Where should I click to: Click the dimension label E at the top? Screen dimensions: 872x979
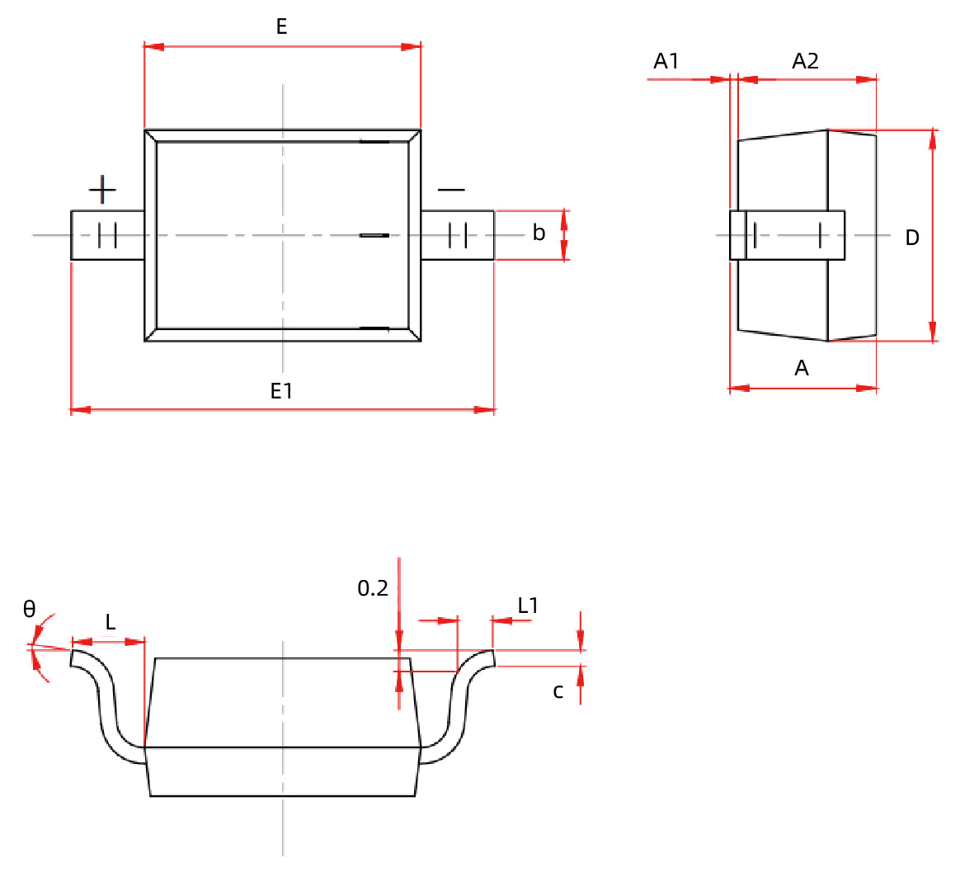[x=281, y=27]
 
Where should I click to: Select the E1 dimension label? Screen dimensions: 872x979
[x=281, y=391]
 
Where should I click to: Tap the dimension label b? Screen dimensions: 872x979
[x=539, y=233]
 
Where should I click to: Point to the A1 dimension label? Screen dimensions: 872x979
[x=666, y=61]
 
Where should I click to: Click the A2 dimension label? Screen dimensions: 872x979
[x=805, y=61]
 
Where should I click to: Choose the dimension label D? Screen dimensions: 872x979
[x=912, y=238]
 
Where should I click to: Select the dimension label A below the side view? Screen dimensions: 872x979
[x=802, y=368]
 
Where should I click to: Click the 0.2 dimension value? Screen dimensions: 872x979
[x=373, y=588]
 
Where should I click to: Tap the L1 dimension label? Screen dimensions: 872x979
[x=528, y=606]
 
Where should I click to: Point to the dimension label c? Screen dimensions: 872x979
[x=558, y=691]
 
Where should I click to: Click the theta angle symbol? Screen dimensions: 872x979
[x=30, y=609]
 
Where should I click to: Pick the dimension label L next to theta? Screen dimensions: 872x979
[x=111, y=622]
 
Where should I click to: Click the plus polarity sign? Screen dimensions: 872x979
[x=102, y=190]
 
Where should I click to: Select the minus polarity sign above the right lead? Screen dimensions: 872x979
[x=451, y=190]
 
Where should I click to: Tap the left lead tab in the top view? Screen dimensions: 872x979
[x=107, y=235]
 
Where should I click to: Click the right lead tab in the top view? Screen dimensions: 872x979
[x=458, y=235]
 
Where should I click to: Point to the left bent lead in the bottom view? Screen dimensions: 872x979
[x=107, y=709]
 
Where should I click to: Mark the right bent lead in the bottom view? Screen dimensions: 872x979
[x=459, y=709]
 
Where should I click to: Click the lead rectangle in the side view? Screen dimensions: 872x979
[x=788, y=235]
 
